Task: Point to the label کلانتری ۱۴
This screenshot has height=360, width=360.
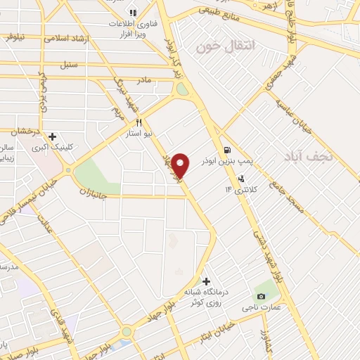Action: tap(238, 189)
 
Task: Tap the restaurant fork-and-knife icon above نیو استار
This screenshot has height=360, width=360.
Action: tap(148, 122)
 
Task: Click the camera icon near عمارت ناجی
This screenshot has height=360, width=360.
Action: tap(262, 297)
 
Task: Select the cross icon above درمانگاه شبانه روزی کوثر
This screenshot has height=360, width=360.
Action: tap(206, 281)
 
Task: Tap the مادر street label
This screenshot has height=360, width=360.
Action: tap(144, 80)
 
